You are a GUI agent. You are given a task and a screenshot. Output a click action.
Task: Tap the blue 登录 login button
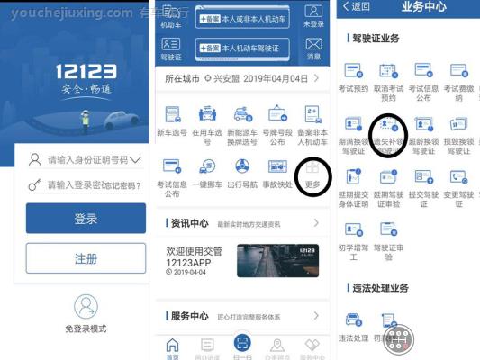pyautogui.click(x=86, y=219)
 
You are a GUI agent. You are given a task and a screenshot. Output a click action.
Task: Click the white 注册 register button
pyautogui.click(x=86, y=258)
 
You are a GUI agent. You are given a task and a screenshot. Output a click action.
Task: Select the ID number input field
pyautogui.click(x=86, y=160)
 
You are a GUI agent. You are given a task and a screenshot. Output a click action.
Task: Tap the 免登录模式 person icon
pyautogui.click(x=86, y=307)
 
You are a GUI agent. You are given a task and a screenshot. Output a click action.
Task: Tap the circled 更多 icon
pyautogui.click(x=312, y=171)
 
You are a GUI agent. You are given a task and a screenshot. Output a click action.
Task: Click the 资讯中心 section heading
pyautogui.click(x=189, y=223)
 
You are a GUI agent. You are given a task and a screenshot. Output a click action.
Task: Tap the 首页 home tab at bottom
pyautogui.click(x=172, y=346)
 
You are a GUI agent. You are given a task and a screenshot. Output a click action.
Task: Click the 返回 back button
pyautogui.click(x=357, y=7)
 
